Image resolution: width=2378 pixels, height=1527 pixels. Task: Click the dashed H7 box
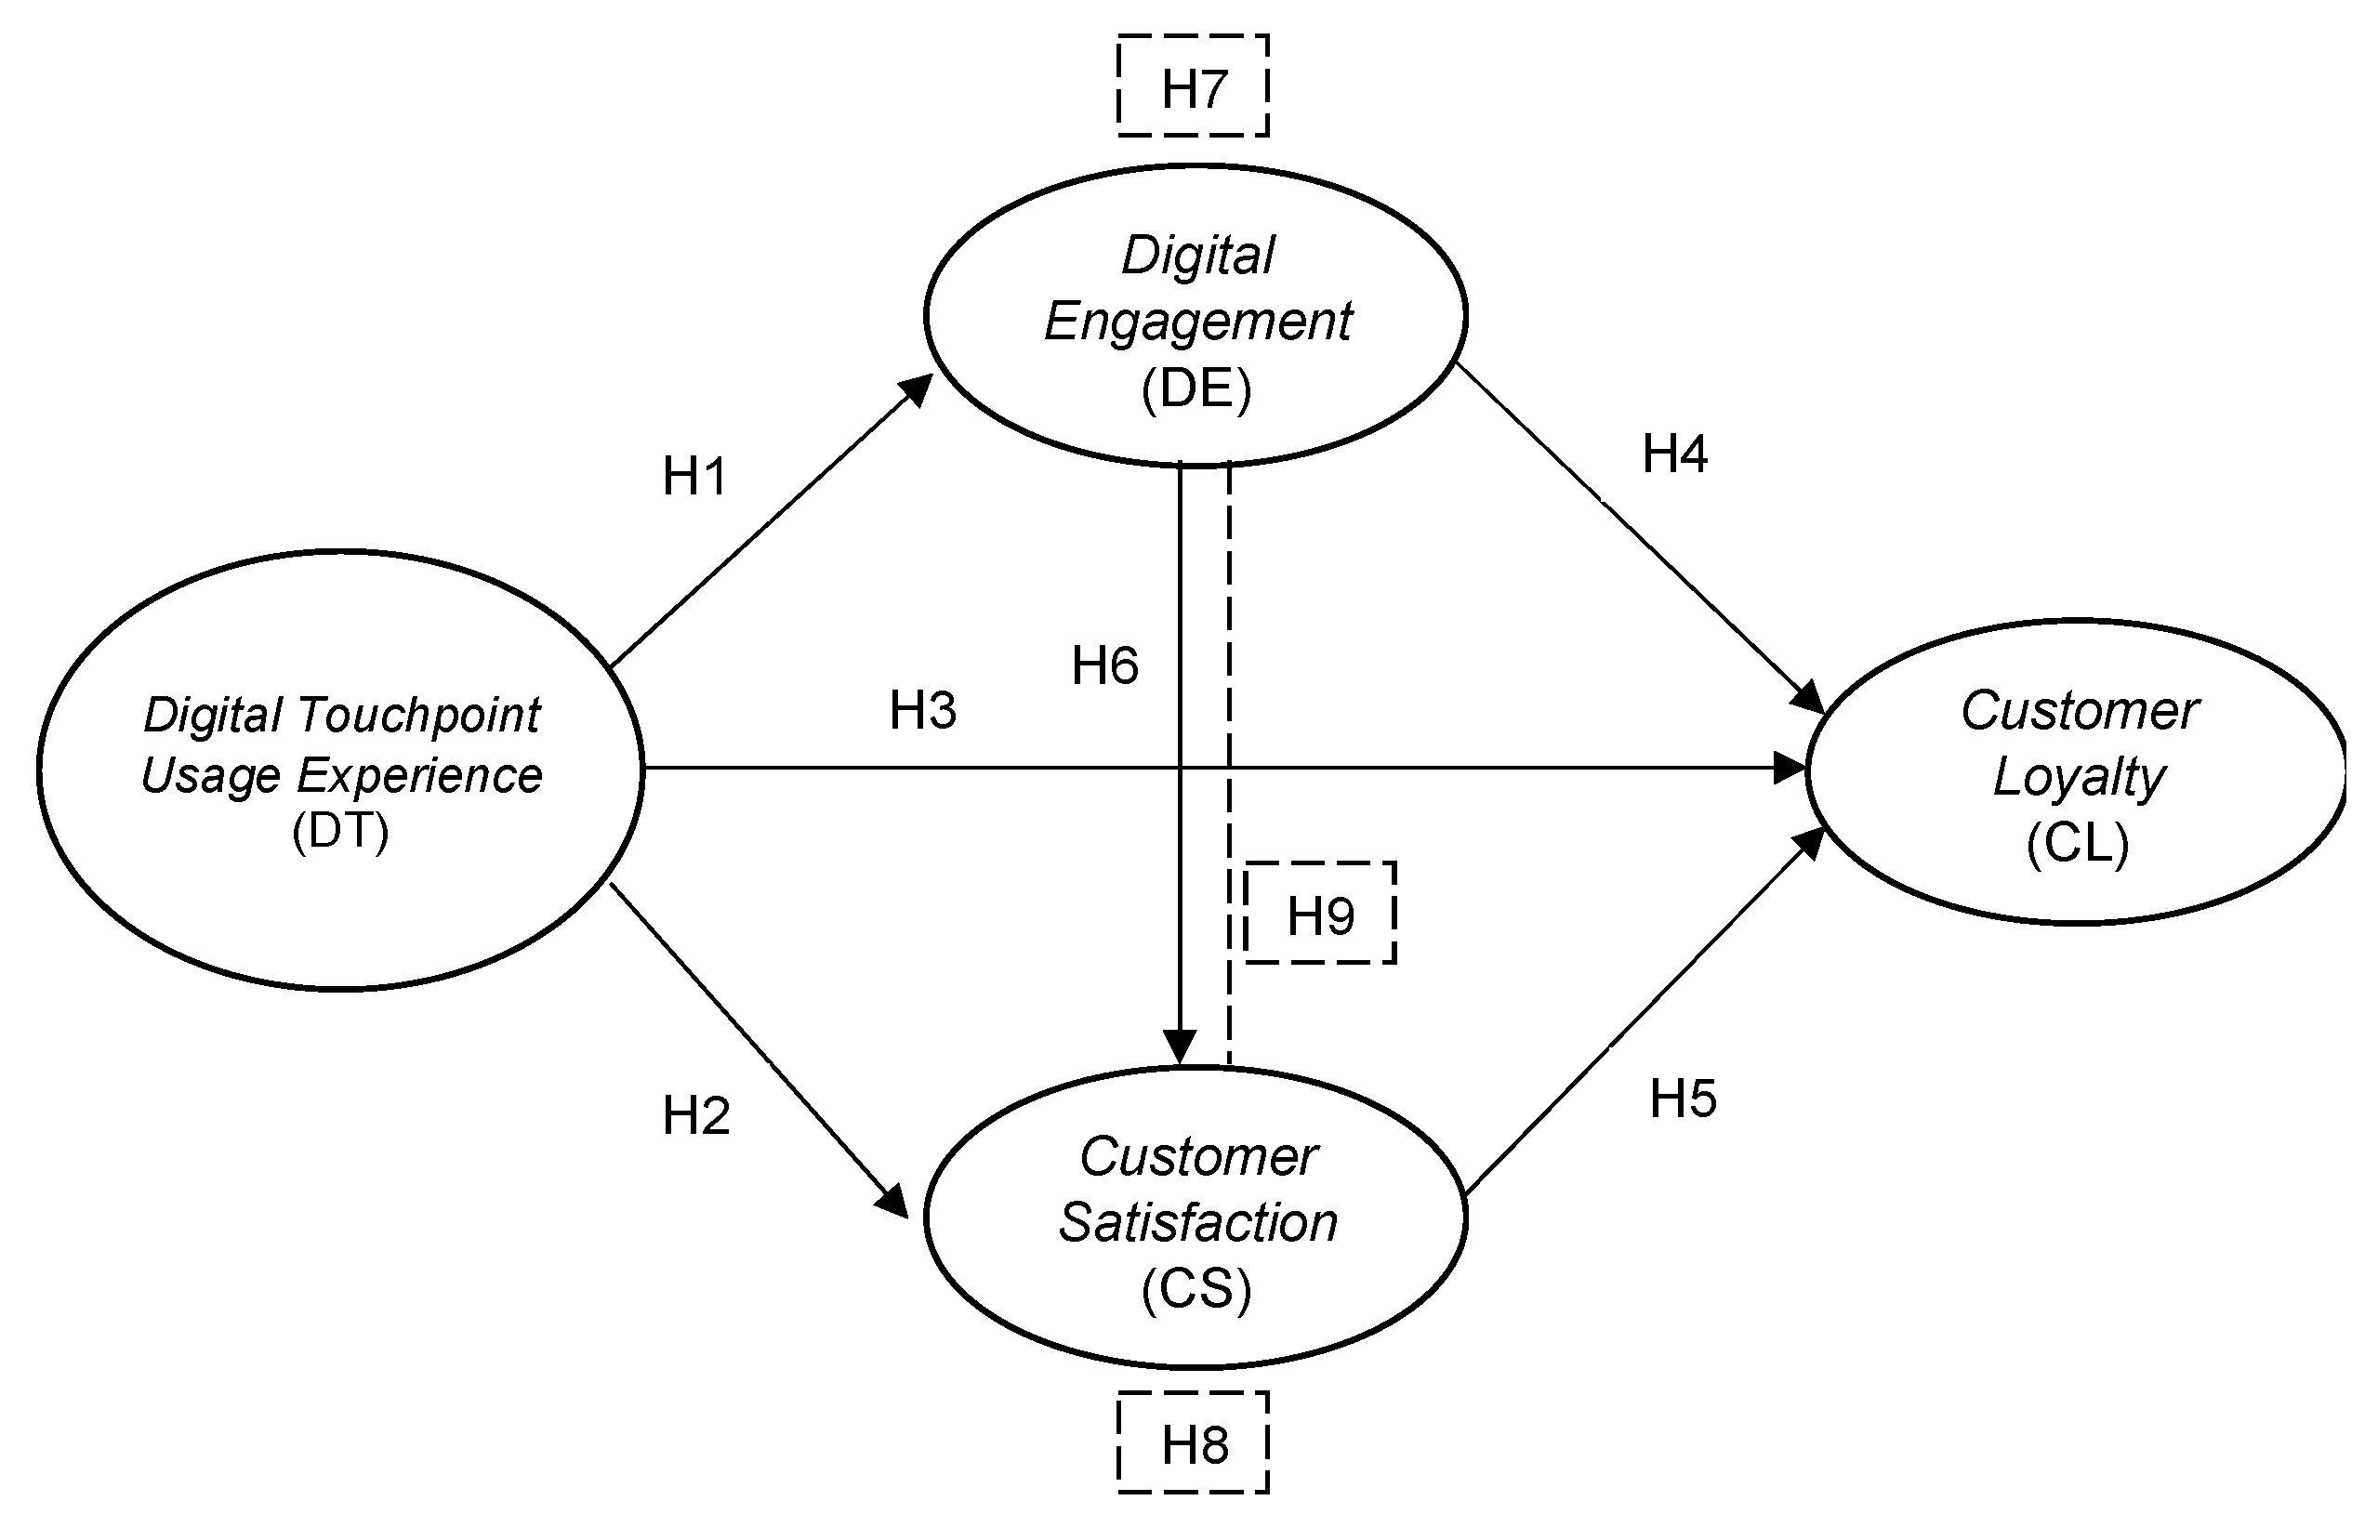click(1193, 86)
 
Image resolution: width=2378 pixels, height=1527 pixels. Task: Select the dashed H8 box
click(1193, 1442)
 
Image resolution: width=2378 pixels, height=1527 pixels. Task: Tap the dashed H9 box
click(1320, 914)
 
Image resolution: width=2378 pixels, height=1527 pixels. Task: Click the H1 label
click(695, 476)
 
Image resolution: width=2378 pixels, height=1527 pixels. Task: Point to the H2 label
click(696, 1115)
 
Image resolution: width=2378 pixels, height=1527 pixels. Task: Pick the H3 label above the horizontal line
click(922, 710)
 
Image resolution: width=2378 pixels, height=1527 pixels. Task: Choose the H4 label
click(1675, 454)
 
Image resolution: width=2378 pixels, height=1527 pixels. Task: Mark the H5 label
click(1683, 1099)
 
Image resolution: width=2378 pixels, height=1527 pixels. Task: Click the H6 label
click(1104, 665)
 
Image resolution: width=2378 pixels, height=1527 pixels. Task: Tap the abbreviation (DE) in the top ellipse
click(1196, 388)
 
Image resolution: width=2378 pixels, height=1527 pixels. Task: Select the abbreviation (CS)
click(1196, 1289)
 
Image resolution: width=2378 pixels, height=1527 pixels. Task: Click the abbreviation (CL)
click(2078, 844)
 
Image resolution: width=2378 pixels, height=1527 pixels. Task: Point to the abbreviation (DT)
click(340, 831)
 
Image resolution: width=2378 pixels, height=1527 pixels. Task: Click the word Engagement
click(1198, 323)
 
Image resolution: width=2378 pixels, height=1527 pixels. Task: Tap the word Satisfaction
click(1198, 1222)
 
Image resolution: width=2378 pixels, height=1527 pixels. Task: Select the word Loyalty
click(2080, 777)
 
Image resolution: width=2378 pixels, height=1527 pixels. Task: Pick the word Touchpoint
click(418, 715)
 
